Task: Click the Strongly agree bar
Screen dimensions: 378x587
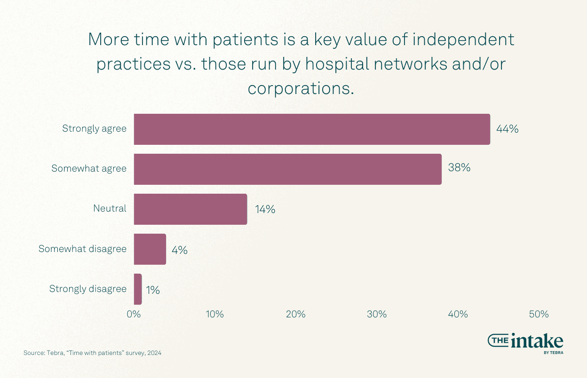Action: [x=312, y=129]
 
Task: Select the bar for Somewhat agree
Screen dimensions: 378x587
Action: [x=287, y=169]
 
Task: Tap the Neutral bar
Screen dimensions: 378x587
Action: [x=190, y=209]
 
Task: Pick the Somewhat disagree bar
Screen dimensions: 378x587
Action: [x=150, y=249]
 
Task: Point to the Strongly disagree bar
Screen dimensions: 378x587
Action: [x=138, y=289]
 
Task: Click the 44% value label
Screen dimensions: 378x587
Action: [x=507, y=129]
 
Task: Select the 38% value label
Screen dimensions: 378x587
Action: [x=459, y=168]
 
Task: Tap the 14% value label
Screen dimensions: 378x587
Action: [x=265, y=209]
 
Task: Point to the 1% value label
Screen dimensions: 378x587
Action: [x=152, y=291]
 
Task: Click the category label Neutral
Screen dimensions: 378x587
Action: [x=110, y=208]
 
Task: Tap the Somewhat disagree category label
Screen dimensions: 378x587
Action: [x=82, y=249]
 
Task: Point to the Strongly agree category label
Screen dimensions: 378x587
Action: [x=94, y=128]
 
